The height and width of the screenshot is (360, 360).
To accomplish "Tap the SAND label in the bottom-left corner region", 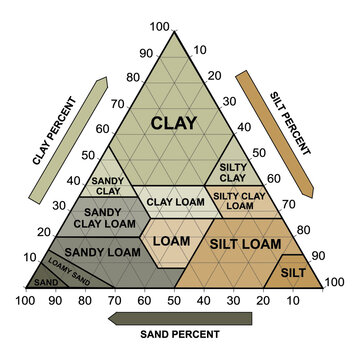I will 46,283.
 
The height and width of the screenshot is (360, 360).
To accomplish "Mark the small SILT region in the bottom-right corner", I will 293,272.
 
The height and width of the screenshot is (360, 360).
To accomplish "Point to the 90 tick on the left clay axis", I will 146,53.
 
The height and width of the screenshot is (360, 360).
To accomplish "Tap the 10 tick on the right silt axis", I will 201,49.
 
